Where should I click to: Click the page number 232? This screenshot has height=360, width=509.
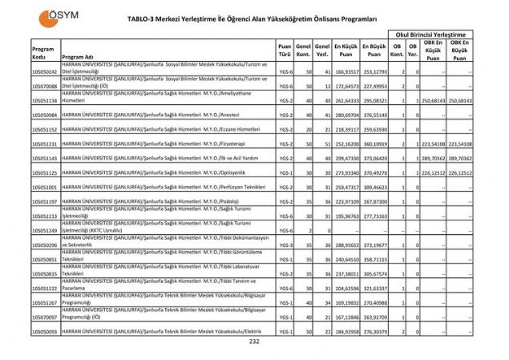[x=254, y=342]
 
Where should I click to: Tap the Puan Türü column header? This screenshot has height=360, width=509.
[x=285, y=50]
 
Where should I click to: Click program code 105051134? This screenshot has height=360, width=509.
[x=45, y=101]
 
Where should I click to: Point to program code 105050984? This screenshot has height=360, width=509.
[x=45, y=115]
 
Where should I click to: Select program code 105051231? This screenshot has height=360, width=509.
[x=45, y=144]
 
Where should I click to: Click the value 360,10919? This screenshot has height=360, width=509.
[x=374, y=144]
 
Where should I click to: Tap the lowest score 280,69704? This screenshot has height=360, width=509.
[x=346, y=115]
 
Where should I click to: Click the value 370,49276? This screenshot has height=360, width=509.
[x=374, y=172]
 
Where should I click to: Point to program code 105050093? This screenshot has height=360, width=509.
[x=45, y=331]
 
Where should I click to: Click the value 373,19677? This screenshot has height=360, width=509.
[x=374, y=245]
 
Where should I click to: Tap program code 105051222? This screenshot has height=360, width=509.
[x=45, y=288]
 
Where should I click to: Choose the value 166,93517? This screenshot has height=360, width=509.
[x=346, y=72]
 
